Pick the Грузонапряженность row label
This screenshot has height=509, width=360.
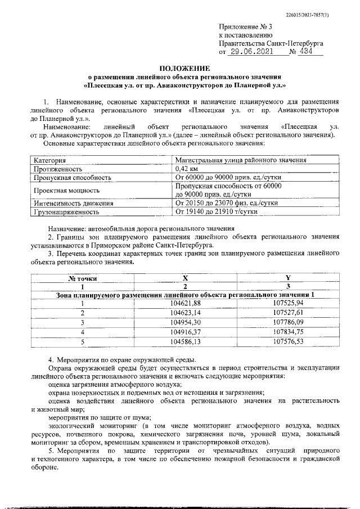[x=66, y=212]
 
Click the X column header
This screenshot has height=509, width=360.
[x=185, y=278]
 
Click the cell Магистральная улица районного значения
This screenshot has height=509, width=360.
[x=240, y=160]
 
